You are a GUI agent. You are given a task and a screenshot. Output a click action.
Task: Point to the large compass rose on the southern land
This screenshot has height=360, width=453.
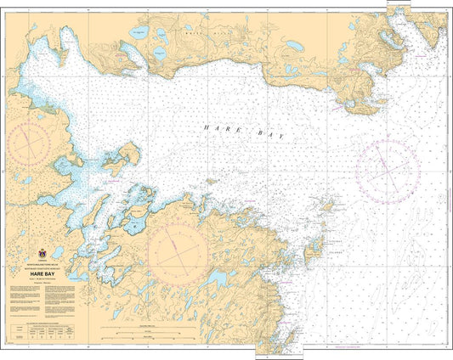click(x=177, y=247)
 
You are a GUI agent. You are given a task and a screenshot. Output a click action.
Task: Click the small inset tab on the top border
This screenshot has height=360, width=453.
click(x=397, y=4)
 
